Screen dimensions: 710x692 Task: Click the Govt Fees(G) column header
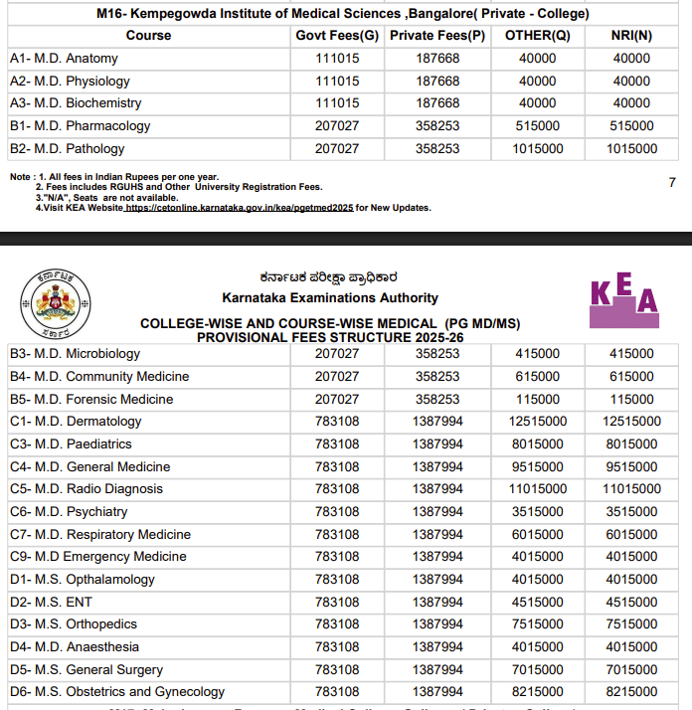(x=337, y=36)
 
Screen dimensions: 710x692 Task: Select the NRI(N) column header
(x=631, y=36)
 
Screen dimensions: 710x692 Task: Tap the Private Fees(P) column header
(x=437, y=36)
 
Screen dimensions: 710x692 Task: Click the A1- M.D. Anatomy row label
(x=64, y=59)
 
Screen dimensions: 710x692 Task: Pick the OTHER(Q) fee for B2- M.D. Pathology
(x=538, y=149)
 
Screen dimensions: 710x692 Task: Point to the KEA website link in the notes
(x=239, y=208)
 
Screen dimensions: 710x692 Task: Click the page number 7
(x=672, y=183)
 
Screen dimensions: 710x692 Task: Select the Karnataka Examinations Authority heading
(x=330, y=297)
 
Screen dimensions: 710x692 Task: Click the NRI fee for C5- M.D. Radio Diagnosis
(x=631, y=489)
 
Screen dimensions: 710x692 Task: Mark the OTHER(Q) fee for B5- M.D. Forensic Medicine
(x=538, y=399)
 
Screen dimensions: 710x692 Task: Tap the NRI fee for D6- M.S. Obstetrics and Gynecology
(x=631, y=692)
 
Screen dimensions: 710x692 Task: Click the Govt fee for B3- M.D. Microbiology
(x=337, y=354)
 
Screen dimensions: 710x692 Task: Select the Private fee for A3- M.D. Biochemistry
(x=437, y=103)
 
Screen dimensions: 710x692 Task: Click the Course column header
(x=149, y=36)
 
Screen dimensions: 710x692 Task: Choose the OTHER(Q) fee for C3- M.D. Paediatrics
(x=538, y=444)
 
